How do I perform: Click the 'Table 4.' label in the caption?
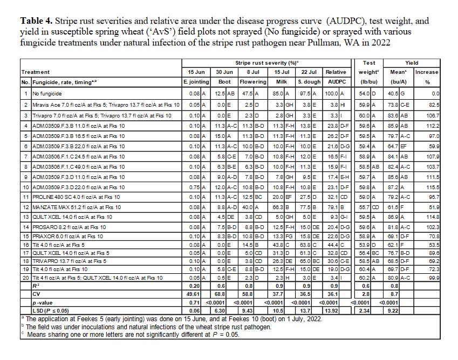(37, 21)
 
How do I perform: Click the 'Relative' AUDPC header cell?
(336, 72)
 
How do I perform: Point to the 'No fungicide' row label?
(47, 93)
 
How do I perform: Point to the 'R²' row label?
(36, 286)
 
